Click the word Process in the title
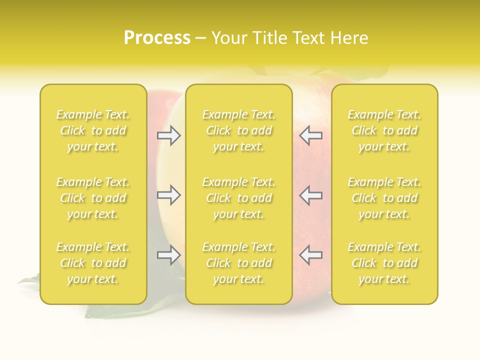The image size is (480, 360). [x=157, y=37]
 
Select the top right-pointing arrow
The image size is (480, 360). [x=168, y=135]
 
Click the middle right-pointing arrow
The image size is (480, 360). [x=168, y=195]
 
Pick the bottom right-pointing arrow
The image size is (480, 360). [x=168, y=255]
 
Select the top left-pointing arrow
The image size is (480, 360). [x=311, y=135]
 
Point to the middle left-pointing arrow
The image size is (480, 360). [x=311, y=195]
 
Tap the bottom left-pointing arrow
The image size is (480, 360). [x=311, y=255]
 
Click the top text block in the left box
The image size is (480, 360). [x=93, y=130]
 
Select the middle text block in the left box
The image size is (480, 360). [x=93, y=198]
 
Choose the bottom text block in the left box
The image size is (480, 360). [x=93, y=263]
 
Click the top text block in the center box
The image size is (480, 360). [x=239, y=130]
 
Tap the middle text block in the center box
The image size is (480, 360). [x=239, y=198]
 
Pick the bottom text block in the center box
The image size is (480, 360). [x=239, y=263]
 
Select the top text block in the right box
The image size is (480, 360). [x=384, y=130]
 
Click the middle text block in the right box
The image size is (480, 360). [x=384, y=198]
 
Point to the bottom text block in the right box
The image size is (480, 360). [x=384, y=263]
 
